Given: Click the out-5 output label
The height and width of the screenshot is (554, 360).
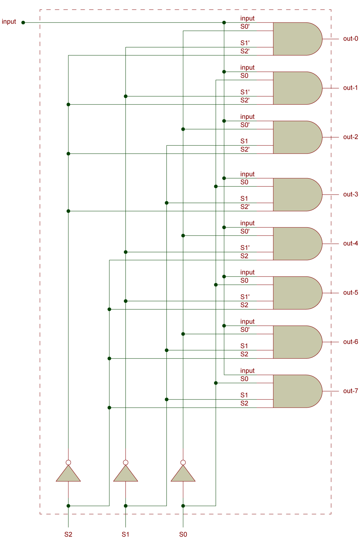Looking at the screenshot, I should pos(350,292).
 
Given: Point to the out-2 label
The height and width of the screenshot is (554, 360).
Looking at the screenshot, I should pos(350,137).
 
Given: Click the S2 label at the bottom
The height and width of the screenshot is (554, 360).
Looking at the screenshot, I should pos(68,534).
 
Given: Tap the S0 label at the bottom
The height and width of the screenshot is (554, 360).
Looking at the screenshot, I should pos(183,534).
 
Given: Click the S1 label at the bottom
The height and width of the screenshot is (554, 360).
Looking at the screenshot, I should pos(125,534).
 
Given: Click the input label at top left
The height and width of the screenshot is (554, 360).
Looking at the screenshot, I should pos(9,22).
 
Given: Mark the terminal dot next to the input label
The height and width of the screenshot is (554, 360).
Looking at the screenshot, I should pos(23,22).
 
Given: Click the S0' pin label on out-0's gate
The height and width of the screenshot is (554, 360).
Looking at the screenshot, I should pos(245,27).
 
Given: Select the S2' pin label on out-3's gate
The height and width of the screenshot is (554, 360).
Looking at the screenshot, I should pos(245,207).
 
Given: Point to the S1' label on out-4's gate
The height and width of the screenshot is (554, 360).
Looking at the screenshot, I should pos(245,248).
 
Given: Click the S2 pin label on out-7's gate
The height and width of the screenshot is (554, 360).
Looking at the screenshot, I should pos(244,403).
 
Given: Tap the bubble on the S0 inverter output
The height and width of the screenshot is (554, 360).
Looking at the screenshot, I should pos(183,462).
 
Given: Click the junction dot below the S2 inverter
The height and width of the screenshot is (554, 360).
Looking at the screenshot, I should pos(68,506).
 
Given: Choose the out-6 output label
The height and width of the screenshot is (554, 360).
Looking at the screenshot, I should pos(350,342).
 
